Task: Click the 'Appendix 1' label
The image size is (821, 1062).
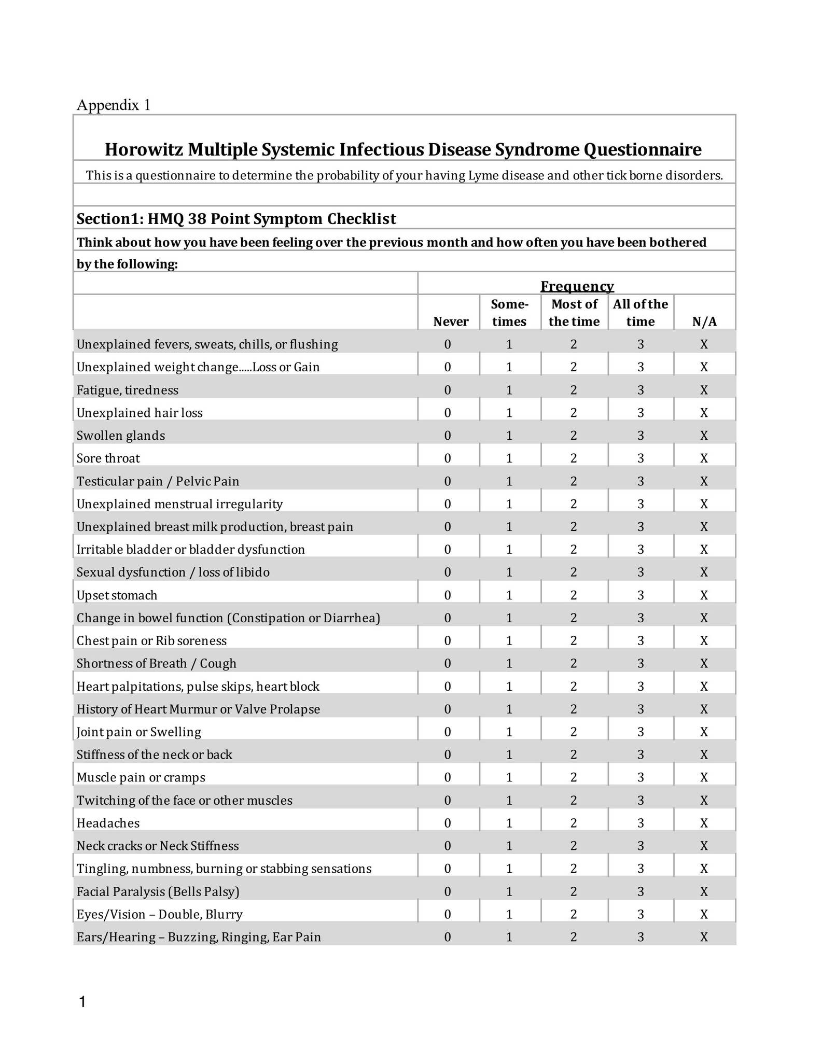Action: [x=114, y=105]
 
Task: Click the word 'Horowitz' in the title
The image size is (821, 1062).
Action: [x=144, y=149]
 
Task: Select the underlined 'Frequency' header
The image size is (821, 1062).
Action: [x=577, y=286]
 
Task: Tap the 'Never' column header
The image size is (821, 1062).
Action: [x=451, y=322]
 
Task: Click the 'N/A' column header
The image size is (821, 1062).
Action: [x=704, y=322]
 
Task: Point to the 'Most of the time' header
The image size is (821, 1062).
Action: [x=574, y=313]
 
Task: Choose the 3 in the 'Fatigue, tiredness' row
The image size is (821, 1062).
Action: [x=641, y=390]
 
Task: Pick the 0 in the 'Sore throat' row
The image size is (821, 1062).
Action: [x=448, y=458]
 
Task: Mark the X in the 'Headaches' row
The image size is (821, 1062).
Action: [x=704, y=823]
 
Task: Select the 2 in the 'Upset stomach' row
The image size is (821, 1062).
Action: [x=574, y=595]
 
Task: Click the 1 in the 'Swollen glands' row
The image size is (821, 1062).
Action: [x=509, y=436]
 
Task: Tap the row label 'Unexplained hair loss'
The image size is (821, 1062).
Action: [x=140, y=413]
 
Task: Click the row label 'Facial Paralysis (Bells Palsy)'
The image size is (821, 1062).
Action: [x=158, y=891]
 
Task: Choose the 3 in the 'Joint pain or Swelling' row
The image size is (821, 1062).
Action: [x=641, y=732]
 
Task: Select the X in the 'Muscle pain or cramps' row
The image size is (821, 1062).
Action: [x=704, y=777]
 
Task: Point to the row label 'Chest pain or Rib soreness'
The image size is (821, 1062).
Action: [x=151, y=641]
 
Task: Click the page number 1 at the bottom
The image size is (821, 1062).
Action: [x=82, y=1002]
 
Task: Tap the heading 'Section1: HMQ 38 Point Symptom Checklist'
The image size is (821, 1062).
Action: [x=236, y=219]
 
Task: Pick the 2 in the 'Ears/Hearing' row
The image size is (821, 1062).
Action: [x=574, y=937]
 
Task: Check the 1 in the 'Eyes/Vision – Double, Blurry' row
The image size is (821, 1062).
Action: [x=509, y=914]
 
